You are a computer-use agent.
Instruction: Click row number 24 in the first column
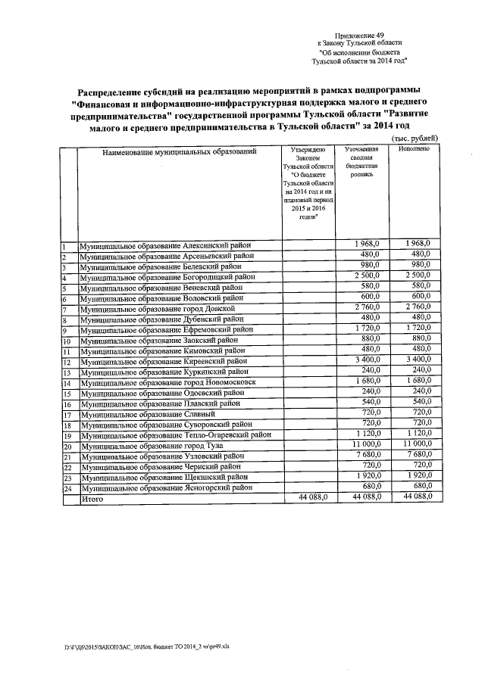click(67, 489)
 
